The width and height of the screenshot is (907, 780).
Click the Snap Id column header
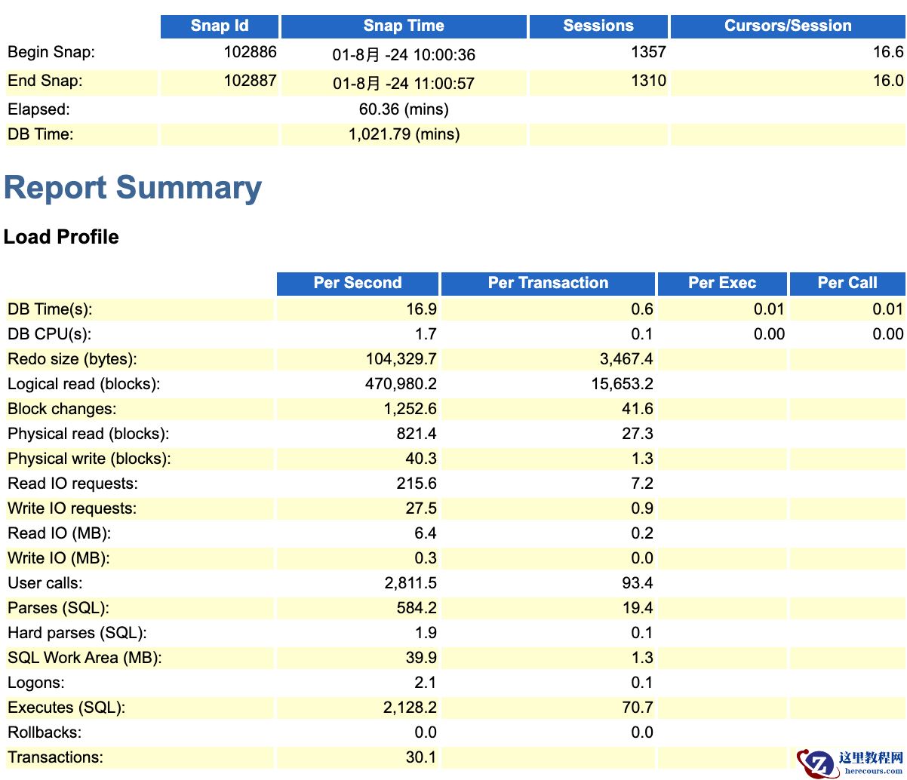219,26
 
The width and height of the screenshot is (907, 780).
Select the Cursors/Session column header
787,26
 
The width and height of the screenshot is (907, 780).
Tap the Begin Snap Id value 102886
250,53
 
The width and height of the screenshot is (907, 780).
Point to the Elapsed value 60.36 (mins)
404,109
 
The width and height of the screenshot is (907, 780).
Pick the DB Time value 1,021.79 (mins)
404,135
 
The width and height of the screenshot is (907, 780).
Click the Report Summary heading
133,189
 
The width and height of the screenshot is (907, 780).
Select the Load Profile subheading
61,237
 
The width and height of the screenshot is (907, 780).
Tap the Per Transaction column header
548,284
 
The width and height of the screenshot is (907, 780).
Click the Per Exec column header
721,284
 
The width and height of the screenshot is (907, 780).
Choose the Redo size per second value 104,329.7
400,359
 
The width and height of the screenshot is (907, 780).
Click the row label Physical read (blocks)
88,434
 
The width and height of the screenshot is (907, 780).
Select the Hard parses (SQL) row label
77,633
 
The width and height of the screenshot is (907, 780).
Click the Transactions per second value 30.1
421,757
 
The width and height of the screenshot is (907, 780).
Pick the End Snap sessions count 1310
648,81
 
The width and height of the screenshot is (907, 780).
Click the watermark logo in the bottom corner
818,762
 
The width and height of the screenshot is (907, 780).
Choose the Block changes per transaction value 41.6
642,409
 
